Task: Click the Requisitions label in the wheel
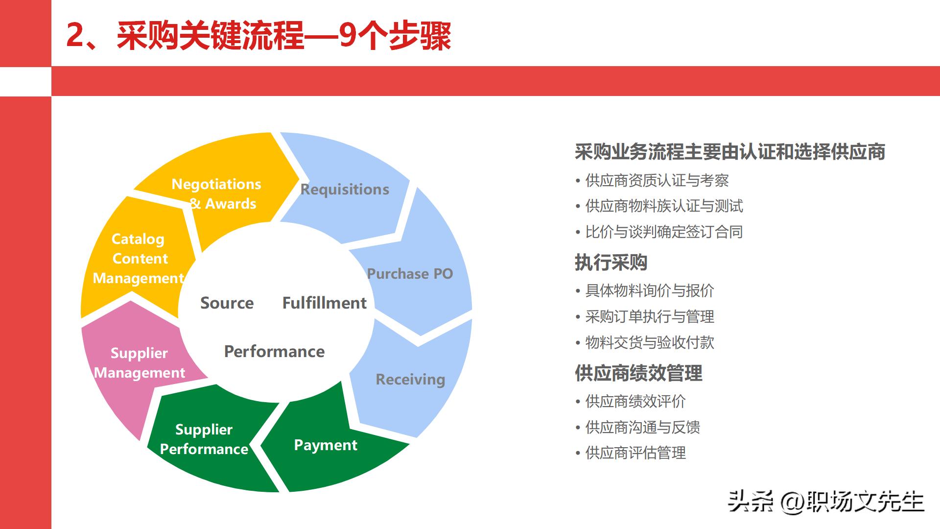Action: tap(345, 190)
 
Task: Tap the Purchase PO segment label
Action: tap(410, 274)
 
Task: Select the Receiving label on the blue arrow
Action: tap(410, 380)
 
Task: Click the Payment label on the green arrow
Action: tap(326, 445)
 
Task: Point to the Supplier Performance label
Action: tap(204, 439)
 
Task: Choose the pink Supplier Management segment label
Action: tap(140, 363)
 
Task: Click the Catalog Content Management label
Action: tap(139, 259)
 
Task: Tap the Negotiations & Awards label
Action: tap(217, 194)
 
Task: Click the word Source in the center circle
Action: tap(227, 303)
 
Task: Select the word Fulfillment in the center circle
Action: tap(324, 303)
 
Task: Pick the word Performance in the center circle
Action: tap(274, 352)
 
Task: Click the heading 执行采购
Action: tap(611, 263)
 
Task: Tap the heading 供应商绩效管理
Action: tap(638, 374)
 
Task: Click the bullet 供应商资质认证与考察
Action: tap(657, 181)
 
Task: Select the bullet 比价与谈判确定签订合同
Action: tap(664, 232)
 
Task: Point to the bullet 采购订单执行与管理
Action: tap(650, 317)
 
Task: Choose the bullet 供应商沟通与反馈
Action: tap(642, 428)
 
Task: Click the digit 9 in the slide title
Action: tap(347, 35)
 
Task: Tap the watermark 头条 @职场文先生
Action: tap(825, 502)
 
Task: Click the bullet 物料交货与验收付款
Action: tap(650, 343)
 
